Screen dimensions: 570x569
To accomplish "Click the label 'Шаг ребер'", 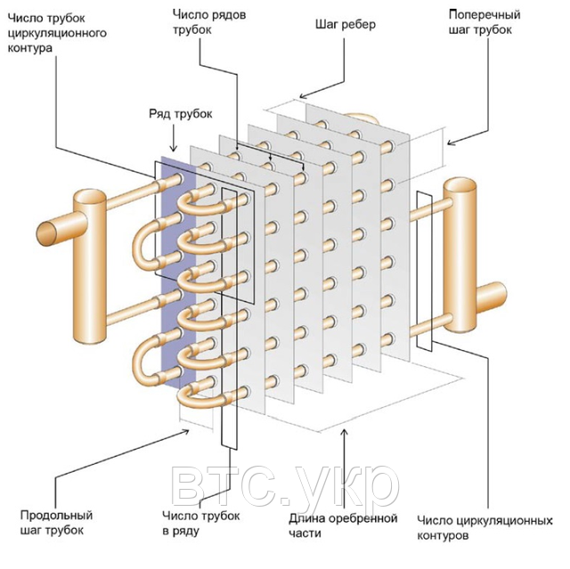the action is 346,25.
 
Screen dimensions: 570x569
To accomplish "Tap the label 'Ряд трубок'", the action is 181,114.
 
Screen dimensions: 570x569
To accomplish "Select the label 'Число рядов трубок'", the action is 209,21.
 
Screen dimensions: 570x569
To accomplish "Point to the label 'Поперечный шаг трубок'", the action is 484,21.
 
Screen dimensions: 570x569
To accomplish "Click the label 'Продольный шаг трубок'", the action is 56,523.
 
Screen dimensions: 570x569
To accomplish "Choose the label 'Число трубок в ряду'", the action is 201,524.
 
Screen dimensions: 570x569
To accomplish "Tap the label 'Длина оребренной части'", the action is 343,525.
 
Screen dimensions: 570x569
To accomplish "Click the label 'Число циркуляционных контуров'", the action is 484,527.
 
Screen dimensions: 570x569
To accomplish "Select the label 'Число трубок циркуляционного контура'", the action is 57,33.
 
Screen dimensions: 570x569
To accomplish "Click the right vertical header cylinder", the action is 460,255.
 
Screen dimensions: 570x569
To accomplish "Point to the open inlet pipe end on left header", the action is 46,234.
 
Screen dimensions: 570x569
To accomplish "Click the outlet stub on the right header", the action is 492,298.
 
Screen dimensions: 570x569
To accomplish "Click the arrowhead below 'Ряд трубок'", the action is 174,148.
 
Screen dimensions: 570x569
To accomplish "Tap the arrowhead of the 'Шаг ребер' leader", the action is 303,96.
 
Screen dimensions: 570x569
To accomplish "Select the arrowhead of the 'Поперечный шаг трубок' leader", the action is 451,142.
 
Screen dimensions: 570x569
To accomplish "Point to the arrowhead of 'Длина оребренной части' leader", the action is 345,433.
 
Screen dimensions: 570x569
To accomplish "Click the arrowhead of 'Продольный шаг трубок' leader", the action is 185,432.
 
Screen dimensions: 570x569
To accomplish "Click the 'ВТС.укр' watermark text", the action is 285,487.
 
